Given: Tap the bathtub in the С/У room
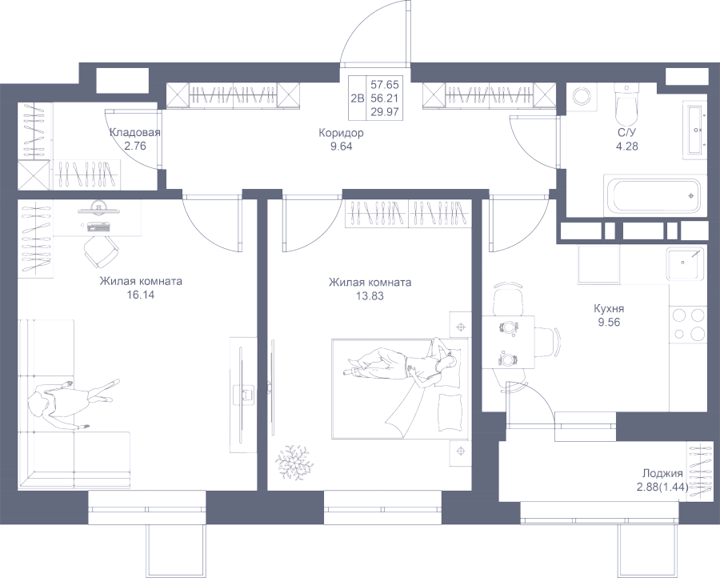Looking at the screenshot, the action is [x=654, y=195].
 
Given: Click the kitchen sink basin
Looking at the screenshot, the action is [x=685, y=263].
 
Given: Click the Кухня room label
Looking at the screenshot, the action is [x=609, y=308].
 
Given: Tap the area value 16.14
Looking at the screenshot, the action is [x=141, y=295].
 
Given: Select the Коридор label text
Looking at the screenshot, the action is [x=341, y=133].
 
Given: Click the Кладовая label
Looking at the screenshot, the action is [x=135, y=133].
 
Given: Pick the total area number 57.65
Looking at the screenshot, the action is [x=385, y=85].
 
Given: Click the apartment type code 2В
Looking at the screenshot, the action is [x=358, y=98].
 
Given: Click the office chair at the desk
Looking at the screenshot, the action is [x=101, y=251].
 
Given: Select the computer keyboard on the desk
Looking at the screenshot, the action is [x=98, y=227].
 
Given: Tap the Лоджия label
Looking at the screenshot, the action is [x=662, y=474].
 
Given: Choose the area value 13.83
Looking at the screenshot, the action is [x=370, y=296].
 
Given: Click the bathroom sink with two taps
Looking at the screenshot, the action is [x=694, y=131].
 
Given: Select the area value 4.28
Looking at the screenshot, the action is [x=626, y=147].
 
